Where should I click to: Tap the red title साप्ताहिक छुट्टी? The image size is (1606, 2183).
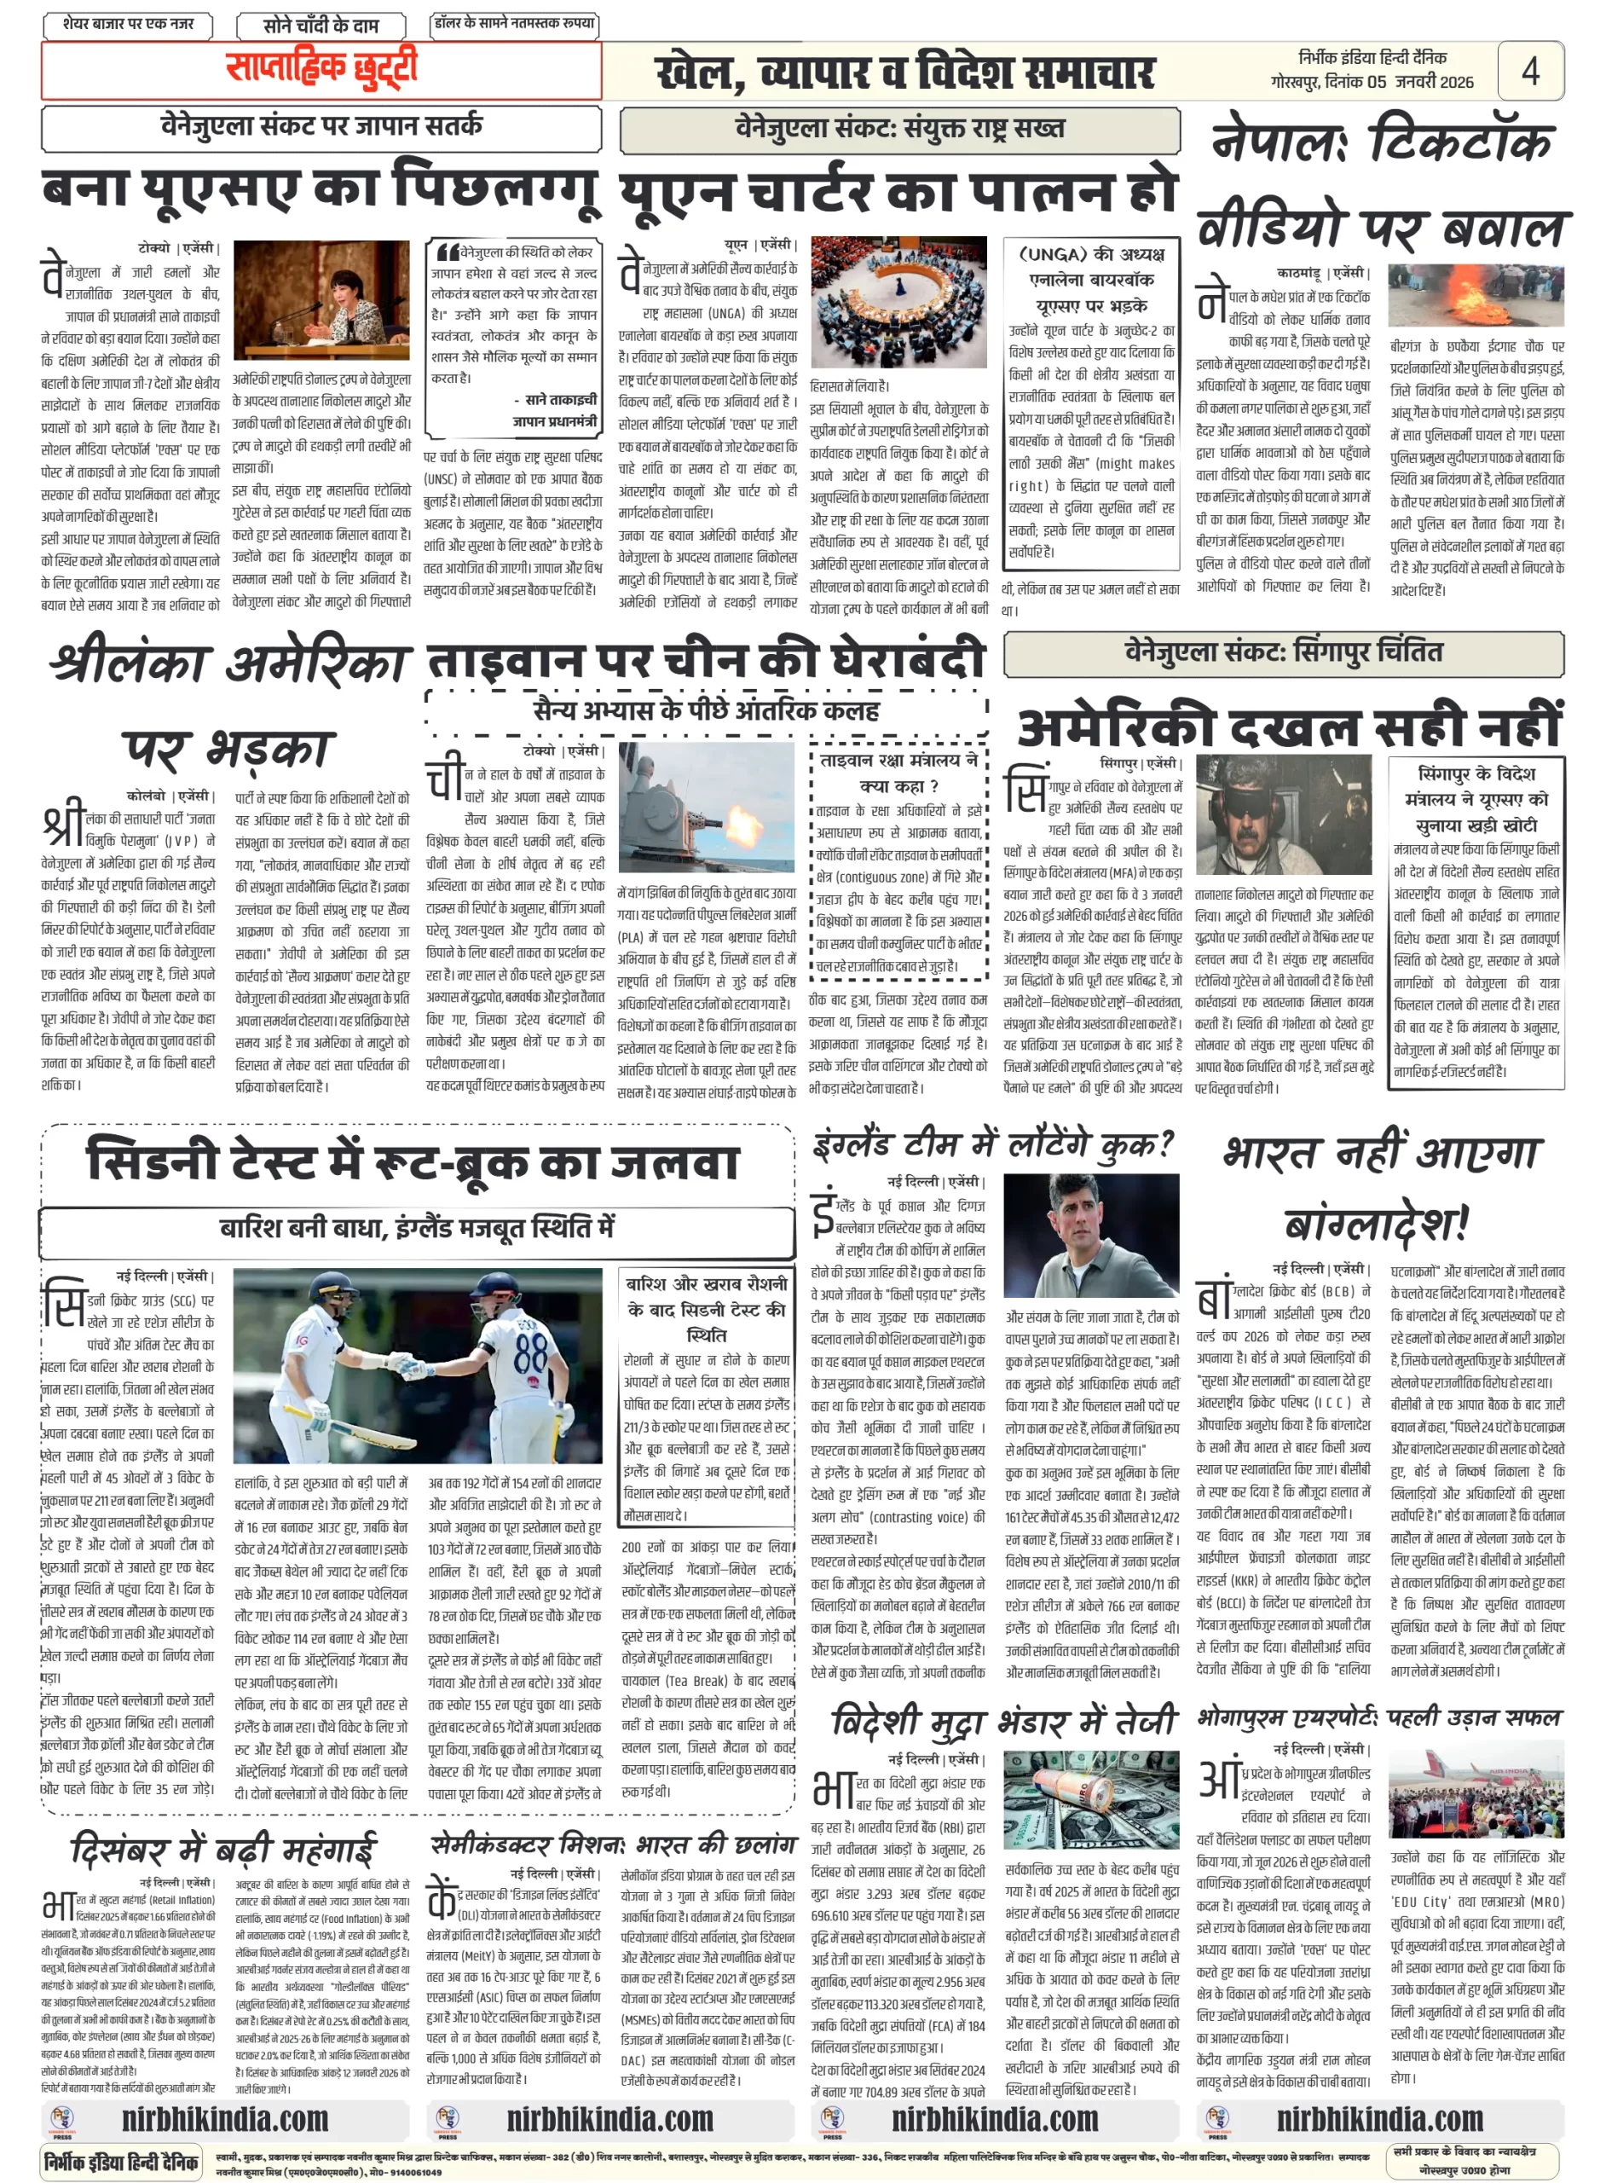(321, 69)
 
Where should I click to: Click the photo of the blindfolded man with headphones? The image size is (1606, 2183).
(1283, 815)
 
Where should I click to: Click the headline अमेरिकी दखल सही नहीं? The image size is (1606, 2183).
(1287, 726)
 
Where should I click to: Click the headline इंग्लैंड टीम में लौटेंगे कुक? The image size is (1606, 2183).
(994, 1144)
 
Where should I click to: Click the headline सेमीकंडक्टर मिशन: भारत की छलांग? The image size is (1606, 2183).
(612, 1844)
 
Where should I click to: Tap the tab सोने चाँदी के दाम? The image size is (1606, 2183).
(320, 26)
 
